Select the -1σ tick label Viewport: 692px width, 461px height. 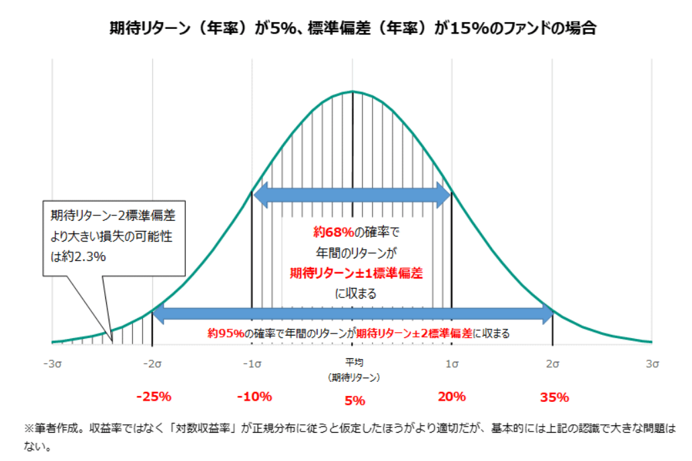pos(252,363)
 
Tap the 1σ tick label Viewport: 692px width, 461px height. pos(451,363)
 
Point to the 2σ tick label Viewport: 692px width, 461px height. pos(552,363)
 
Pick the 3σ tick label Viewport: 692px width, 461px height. pos(652,363)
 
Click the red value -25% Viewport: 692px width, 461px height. pos(154,396)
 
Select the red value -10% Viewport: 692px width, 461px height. pos(254,396)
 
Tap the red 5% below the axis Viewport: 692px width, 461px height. pos(354,401)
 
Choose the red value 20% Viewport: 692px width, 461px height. pos(452,396)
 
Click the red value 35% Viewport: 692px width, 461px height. pos(554,397)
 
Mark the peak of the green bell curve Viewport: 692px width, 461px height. pos(352,91)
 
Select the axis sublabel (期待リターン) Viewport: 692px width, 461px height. pos(354,377)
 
